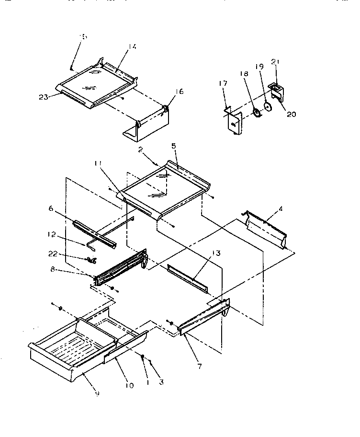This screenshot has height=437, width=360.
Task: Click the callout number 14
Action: click(133, 46)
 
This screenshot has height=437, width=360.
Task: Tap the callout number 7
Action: click(200, 367)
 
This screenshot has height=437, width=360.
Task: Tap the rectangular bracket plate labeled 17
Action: click(235, 123)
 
